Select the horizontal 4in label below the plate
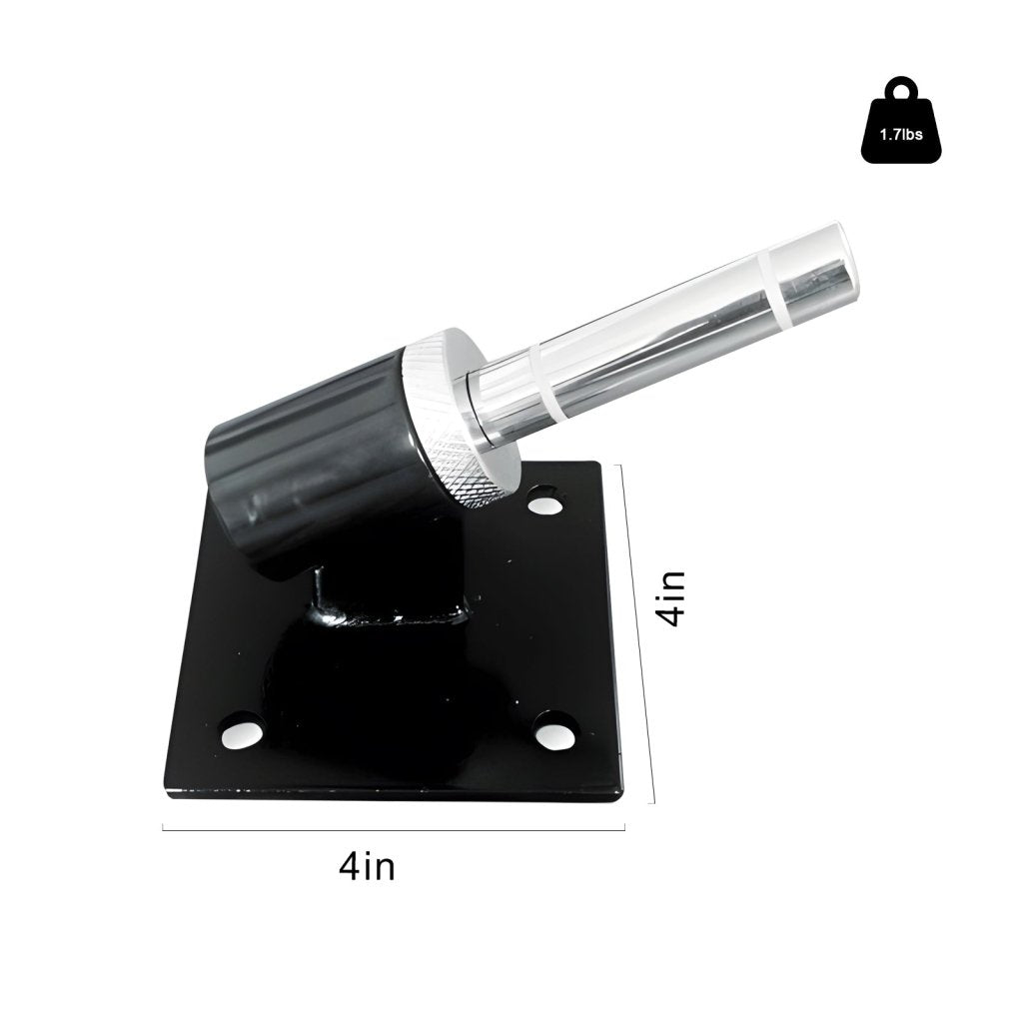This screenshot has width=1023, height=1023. click(367, 865)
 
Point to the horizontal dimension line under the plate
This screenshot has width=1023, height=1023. click(394, 827)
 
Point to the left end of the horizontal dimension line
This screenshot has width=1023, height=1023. click(164, 826)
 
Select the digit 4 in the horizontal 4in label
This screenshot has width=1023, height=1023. click(349, 865)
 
